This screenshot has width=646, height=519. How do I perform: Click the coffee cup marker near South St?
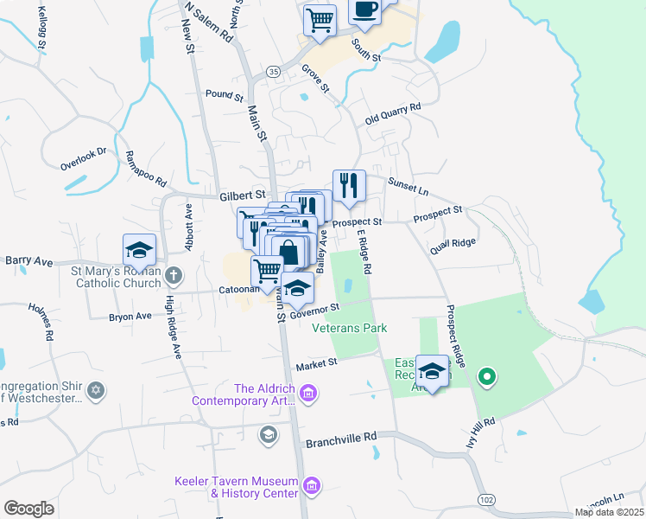pos(364,11)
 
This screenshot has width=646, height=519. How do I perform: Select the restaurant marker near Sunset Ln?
pos(349,186)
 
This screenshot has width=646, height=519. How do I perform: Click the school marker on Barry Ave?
pos(139,251)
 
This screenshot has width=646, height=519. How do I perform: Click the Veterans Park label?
pos(349,328)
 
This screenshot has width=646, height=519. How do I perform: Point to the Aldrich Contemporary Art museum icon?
pos(309,395)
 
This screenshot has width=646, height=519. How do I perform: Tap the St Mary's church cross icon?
pos(174,276)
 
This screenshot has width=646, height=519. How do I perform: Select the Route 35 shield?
pos(273,71)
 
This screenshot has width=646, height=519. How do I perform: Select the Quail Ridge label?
pos(453,244)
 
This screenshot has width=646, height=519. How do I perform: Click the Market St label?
pos(314,366)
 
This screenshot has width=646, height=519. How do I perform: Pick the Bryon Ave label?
pos(130,317)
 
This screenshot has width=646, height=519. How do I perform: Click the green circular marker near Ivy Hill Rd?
pos(486,376)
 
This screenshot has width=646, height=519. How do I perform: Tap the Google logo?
pos(29,509)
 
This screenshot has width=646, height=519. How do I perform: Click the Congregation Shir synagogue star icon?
pos(96,390)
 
